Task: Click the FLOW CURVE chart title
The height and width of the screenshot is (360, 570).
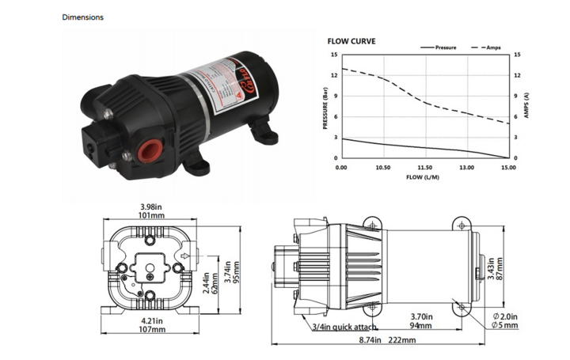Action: click(x=351, y=41)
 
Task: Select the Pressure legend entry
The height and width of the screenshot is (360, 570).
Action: click(x=446, y=47)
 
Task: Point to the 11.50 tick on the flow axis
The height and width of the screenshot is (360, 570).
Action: click(x=424, y=168)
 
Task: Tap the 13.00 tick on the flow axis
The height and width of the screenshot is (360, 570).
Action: click(x=466, y=168)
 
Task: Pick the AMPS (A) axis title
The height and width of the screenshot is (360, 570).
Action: click(x=527, y=107)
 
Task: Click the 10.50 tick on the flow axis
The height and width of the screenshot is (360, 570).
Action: click(x=383, y=168)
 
